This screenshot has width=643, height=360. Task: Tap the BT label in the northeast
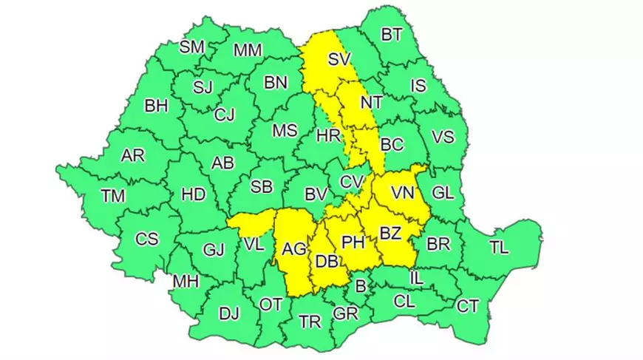click(x=392, y=34)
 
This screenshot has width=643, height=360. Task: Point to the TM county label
click(x=113, y=196)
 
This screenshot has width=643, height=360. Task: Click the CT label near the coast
click(x=468, y=305)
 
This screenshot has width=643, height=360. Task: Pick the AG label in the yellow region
click(x=294, y=250)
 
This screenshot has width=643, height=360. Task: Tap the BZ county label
click(x=389, y=234)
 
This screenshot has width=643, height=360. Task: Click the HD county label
click(x=193, y=195)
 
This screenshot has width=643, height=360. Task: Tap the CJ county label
click(x=224, y=115)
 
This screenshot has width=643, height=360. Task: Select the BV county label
click(x=316, y=195)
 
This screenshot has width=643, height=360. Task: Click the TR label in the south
click(x=310, y=321)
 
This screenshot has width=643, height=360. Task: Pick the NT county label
click(x=370, y=102)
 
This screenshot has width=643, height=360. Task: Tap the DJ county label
click(x=228, y=313)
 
